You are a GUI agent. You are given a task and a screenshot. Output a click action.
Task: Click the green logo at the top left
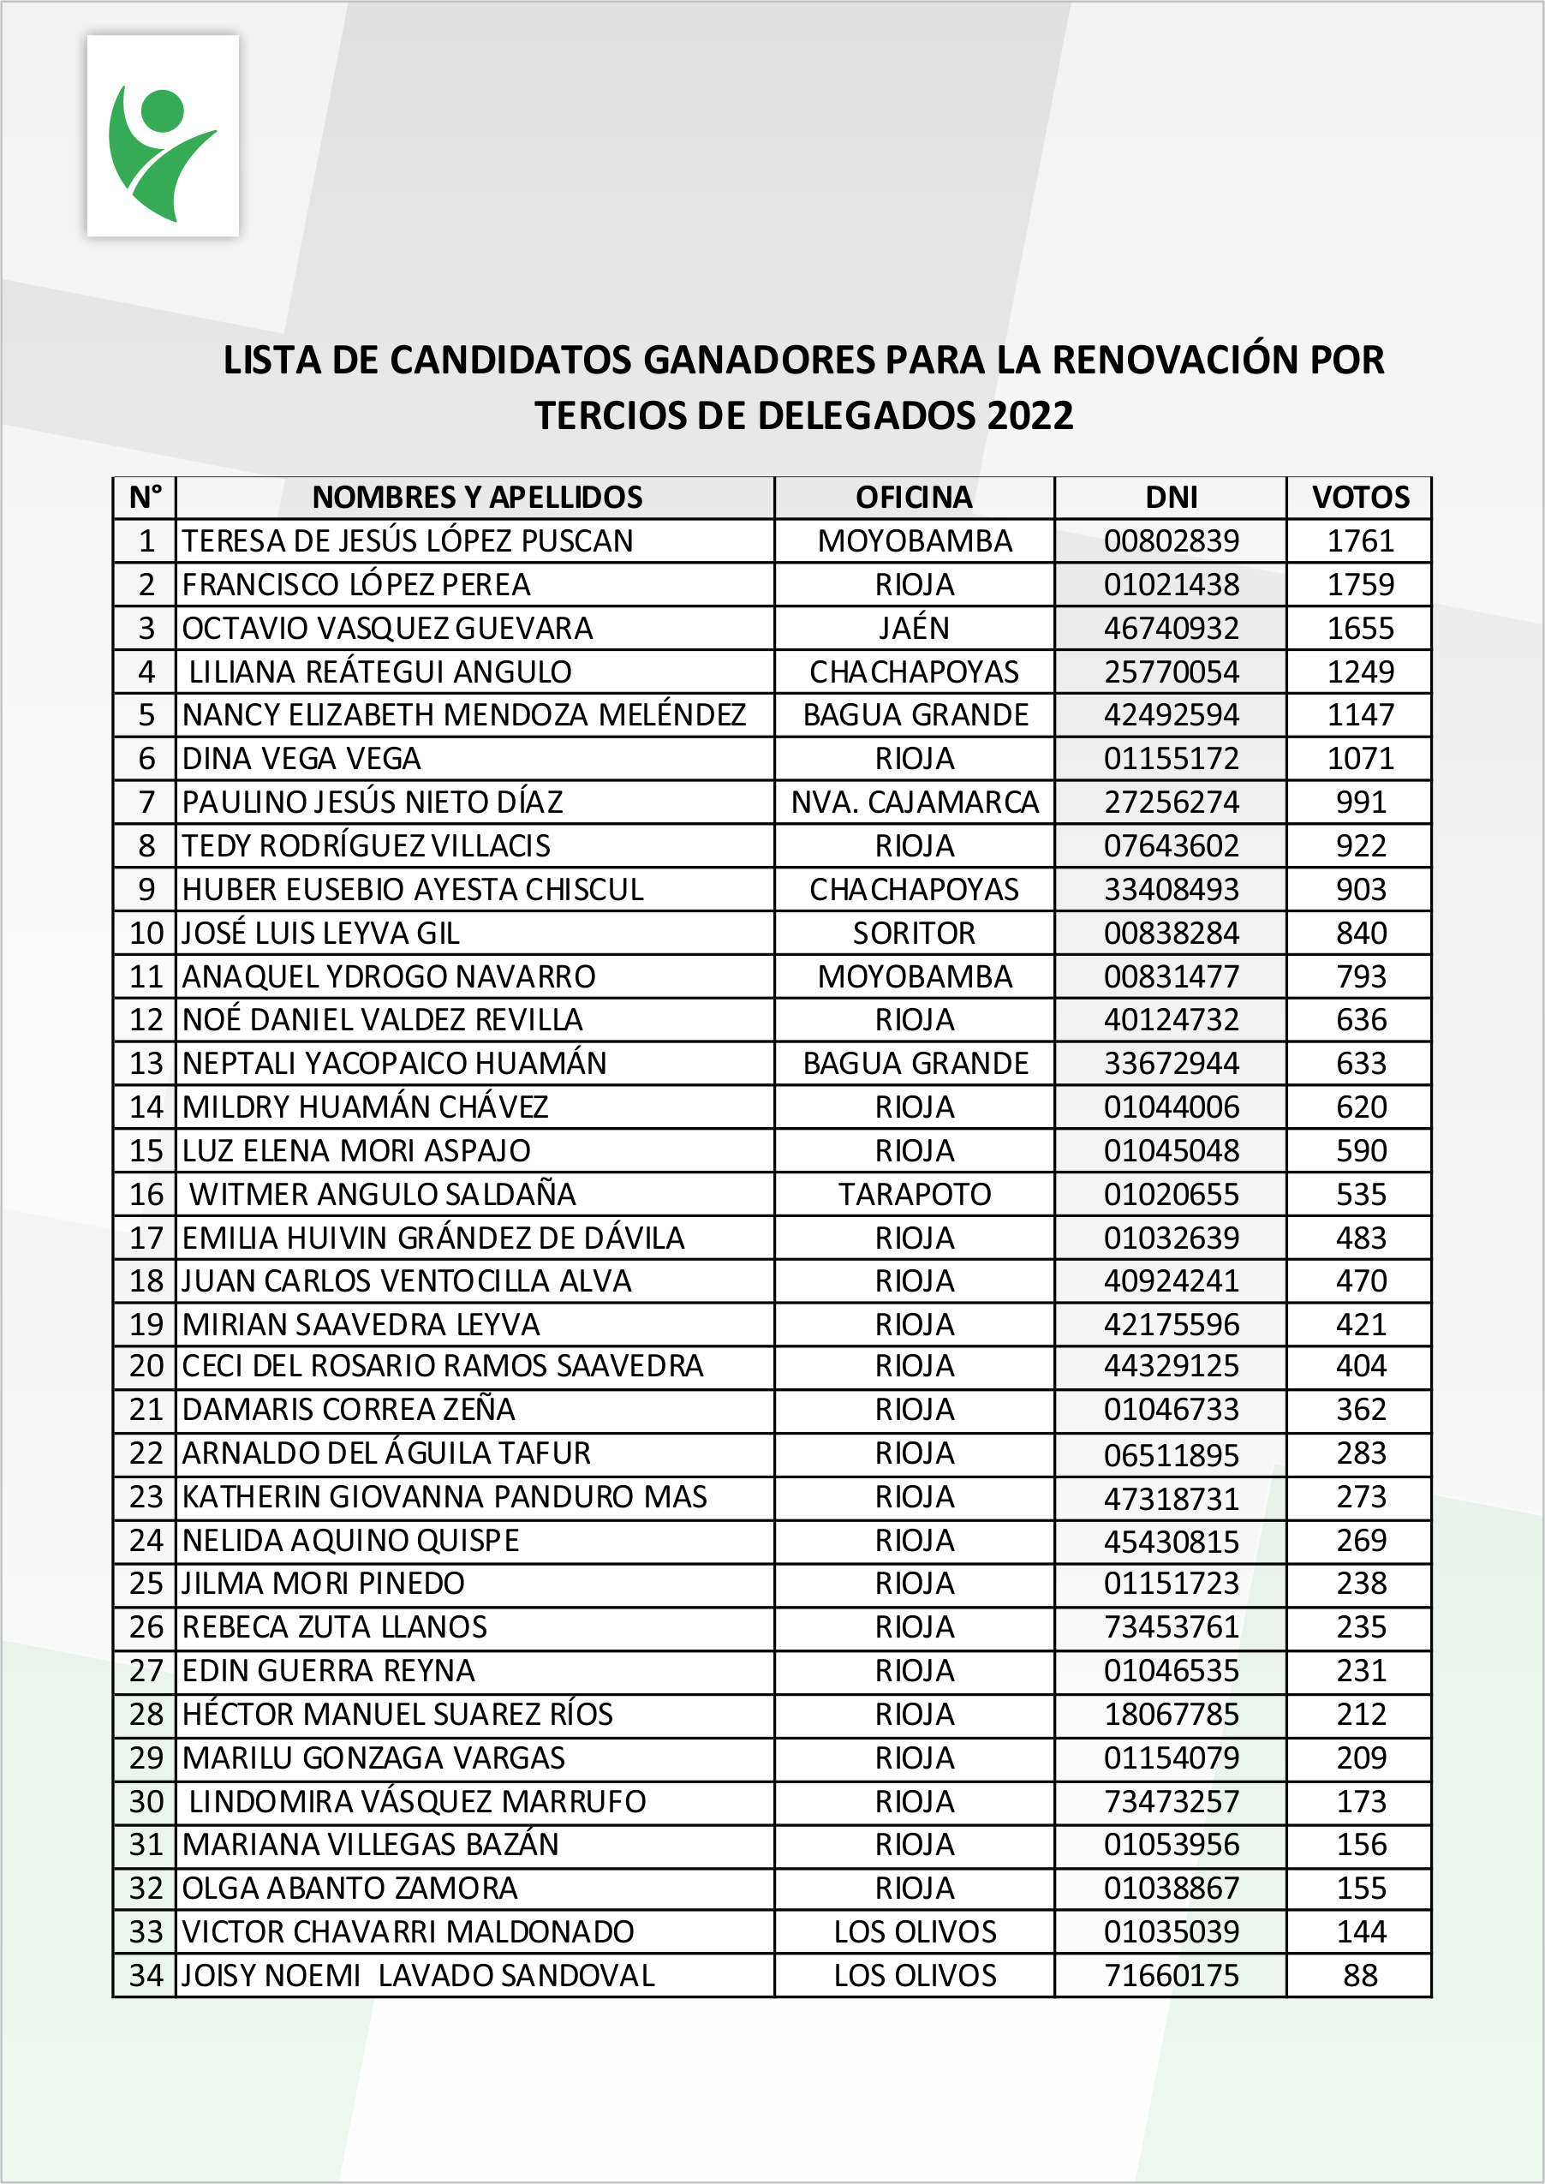click(x=163, y=136)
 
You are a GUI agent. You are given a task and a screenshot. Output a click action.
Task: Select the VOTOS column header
click(x=1359, y=498)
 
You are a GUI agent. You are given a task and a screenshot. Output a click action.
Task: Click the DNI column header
click(x=1171, y=498)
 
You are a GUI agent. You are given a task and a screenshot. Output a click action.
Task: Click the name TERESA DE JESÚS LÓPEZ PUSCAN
click(x=407, y=541)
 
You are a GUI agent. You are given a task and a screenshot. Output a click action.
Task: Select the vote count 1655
click(x=1359, y=629)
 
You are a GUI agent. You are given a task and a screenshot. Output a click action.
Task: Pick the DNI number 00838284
click(x=1171, y=934)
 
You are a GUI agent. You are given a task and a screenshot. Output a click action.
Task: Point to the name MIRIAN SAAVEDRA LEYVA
click(x=361, y=1325)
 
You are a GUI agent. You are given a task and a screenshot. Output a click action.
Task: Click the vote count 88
click(x=1359, y=1976)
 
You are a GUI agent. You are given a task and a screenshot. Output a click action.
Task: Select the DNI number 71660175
click(x=1171, y=1976)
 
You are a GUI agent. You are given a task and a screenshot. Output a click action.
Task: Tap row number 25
click(x=146, y=1584)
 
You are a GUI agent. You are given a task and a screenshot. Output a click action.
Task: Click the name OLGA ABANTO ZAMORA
click(x=349, y=1889)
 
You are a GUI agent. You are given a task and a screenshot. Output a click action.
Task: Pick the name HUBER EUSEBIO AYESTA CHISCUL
click(x=413, y=889)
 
